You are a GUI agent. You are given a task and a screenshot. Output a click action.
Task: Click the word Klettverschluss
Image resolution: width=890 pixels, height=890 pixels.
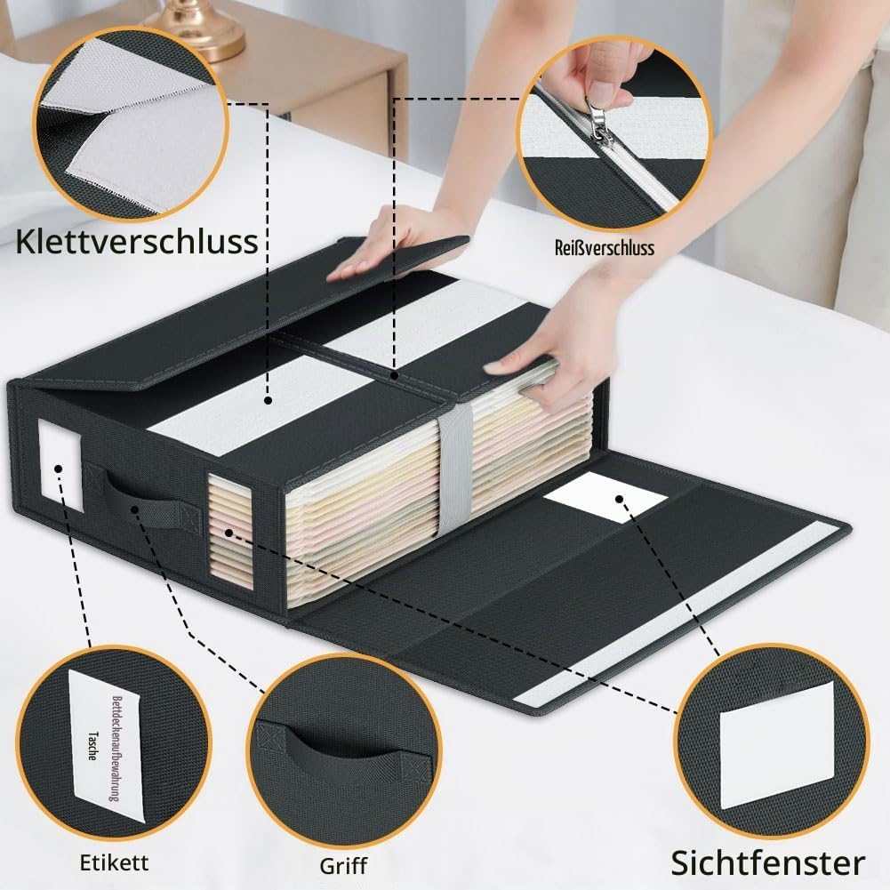click(136, 241)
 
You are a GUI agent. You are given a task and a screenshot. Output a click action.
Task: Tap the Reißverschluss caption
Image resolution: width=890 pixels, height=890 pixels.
click(605, 247)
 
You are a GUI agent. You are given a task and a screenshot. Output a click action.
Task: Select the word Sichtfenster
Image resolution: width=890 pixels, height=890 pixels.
click(768, 863)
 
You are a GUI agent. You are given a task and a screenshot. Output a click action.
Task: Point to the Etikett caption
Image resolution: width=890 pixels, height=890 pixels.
click(114, 862)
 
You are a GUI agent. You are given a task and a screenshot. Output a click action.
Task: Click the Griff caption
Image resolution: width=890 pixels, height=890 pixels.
click(343, 866)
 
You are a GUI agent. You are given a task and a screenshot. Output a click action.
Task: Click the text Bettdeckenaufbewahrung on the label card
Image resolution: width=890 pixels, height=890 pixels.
click(116, 748)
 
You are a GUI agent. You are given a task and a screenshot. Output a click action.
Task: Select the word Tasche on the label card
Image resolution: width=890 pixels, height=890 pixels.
click(92, 745)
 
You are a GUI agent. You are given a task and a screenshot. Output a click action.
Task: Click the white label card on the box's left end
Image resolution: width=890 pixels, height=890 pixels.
click(60, 465)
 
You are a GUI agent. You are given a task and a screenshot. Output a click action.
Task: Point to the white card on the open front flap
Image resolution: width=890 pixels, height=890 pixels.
click(605, 498)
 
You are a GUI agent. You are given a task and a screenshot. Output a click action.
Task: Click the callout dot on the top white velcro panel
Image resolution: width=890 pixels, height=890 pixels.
click(269, 401)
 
